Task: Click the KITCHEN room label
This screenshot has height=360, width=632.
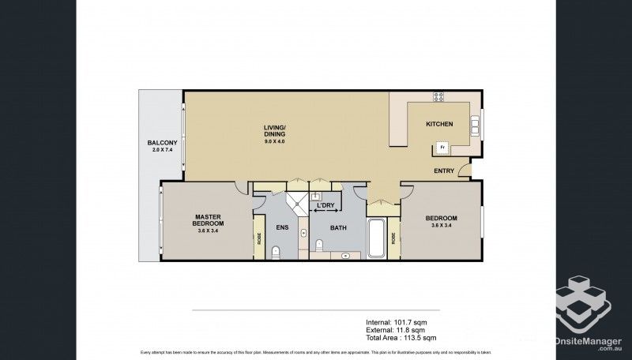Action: (439, 125)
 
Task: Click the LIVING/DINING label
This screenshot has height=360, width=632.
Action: (275, 130)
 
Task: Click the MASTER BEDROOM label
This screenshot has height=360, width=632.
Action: (208, 219)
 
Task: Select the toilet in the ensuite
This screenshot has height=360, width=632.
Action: (276, 252)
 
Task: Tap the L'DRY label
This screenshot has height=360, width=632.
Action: (325, 207)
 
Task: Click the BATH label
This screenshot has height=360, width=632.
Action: (338, 228)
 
